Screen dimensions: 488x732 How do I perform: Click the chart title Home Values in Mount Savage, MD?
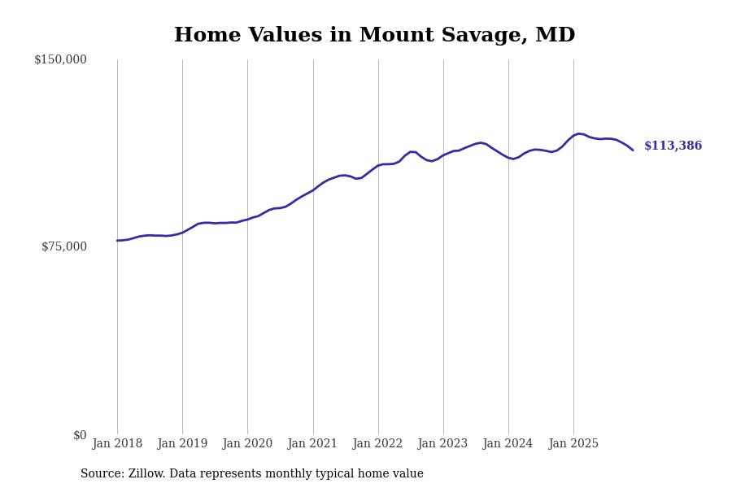[x=374, y=36]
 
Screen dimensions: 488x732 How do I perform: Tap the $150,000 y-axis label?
[x=60, y=59]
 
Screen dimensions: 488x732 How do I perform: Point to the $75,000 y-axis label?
[x=64, y=246]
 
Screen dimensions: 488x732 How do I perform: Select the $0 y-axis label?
[x=80, y=435]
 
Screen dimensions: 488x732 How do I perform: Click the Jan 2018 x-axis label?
[x=117, y=444]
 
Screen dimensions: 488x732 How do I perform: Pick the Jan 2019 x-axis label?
[x=182, y=444]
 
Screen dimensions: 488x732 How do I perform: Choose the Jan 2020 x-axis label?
[x=247, y=444]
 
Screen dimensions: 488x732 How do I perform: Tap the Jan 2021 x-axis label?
[x=313, y=444]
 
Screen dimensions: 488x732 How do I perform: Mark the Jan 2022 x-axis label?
[x=378, y=444]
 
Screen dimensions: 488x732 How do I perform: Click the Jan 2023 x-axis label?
[x=443, y=444]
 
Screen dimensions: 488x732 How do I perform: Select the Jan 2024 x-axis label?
[x=508, y=444]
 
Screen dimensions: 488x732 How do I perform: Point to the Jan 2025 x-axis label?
[x=573, y=444]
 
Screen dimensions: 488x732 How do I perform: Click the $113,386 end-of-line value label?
[x=673, y=146]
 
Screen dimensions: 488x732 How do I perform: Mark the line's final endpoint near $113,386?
[x=633, y=150]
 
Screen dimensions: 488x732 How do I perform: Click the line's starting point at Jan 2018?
[x=117, y=241]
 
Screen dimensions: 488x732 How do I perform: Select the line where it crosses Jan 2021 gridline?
[x=313, y=190]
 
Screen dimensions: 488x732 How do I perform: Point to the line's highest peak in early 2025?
[x=579, y=133]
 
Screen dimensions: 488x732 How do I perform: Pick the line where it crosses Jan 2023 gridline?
[x=443, y=155]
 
